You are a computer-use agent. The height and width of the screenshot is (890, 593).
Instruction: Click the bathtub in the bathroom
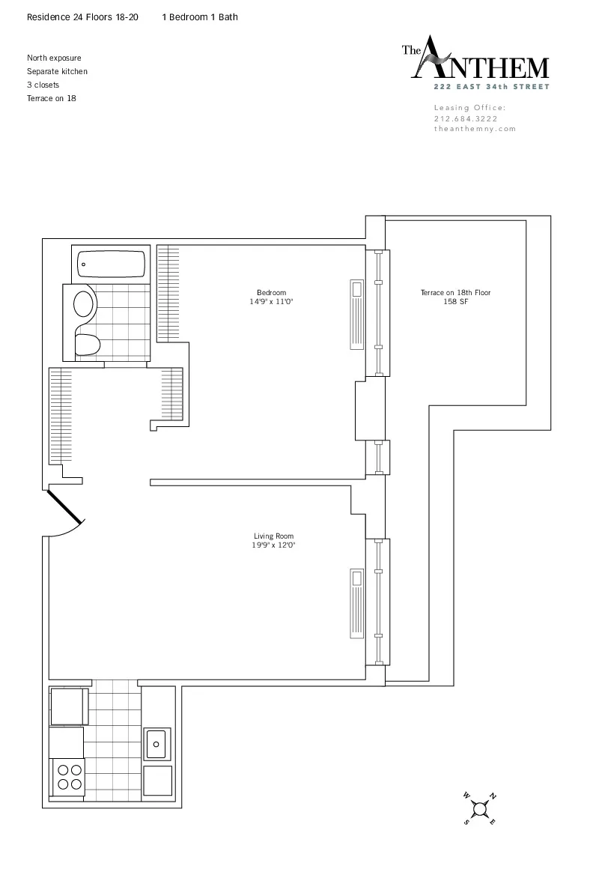coord(112,264)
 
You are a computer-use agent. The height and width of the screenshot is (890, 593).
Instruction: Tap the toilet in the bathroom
coord(88,345)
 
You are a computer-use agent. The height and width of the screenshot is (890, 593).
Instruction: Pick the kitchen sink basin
coord(157,743)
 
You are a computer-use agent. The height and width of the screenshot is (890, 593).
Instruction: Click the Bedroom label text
coord(271,293)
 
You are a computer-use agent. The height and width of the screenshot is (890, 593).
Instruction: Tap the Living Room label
coord(273,536)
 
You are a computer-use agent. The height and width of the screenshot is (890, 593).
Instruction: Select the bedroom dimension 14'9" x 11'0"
coord(271,302)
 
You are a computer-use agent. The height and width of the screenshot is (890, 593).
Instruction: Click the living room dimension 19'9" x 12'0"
coord(273,545)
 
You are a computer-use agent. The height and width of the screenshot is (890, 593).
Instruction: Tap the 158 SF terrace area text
coord(455,302)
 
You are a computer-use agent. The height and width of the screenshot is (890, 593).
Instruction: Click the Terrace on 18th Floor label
coord(455,293)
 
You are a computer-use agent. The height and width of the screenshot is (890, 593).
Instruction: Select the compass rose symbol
coord(479,808)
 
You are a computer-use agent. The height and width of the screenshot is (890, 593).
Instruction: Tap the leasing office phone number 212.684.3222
coord(465,118)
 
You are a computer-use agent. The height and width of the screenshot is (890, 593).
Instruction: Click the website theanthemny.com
coord(475,128)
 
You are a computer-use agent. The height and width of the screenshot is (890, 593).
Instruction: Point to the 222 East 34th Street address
coord(493,87)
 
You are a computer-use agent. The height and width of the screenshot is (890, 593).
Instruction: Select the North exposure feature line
coord(54,58)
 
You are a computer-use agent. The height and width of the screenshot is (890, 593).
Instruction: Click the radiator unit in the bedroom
coord(356,315)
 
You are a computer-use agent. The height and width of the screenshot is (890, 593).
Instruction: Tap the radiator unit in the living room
coord(356,603)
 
